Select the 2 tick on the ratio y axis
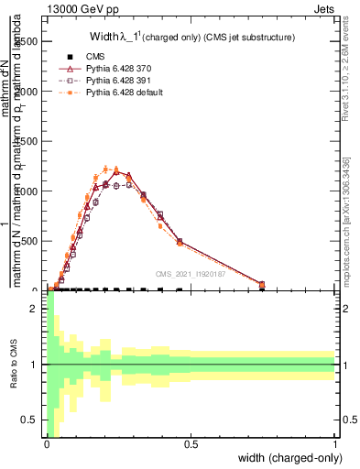pyautogui.click(x=35, y=309)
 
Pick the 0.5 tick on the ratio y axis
pyautogui.click(x=31, y=420)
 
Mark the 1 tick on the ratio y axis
pyautogui.click(x=35, y=365)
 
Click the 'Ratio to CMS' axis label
pyautogui.click(x=14, y=365)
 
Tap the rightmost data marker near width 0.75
pyautogui.click(x=262, y=285)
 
